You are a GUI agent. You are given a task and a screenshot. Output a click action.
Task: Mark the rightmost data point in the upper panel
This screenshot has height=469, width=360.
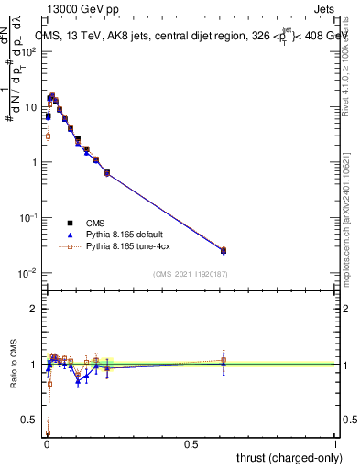[223, 250]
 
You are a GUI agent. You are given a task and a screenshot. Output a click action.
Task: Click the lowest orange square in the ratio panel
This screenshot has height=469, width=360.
[48, 432]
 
